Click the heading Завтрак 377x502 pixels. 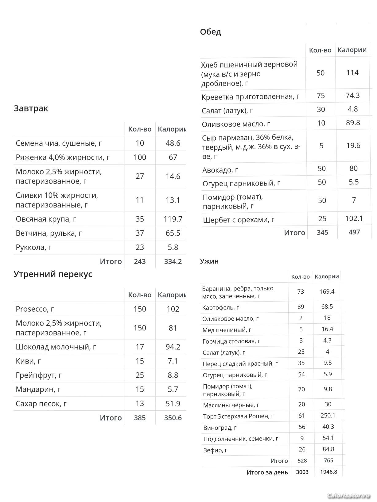(x=31, y=108)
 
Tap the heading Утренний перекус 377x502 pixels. (x=53, y=274)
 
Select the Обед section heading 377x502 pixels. (x=210, y=32)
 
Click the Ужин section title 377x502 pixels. (x=209, y=261)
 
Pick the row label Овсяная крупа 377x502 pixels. (x=46, y=219)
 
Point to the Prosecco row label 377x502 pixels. (x=35, y=309)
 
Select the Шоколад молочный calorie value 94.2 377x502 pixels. (x=173, y=347)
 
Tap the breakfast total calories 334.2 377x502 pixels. (x=173, y=261)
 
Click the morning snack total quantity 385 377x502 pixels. (x=140, y=418)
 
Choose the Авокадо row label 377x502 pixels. (x=220, y=170)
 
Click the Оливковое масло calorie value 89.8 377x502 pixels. (x=353, y=123)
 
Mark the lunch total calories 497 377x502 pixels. (x=354, y=232)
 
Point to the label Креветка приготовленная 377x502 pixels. (x=250, y=97)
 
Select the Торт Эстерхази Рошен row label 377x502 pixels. (x=238, y=416)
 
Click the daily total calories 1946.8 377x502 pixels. (x=328, y=472)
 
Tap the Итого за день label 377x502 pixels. (x=267, y=472)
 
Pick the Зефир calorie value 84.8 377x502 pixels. (x=328, y=449)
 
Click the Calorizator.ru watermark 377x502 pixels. (x=348, y=496)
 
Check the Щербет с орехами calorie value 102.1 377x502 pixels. (x=354, y=219)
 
